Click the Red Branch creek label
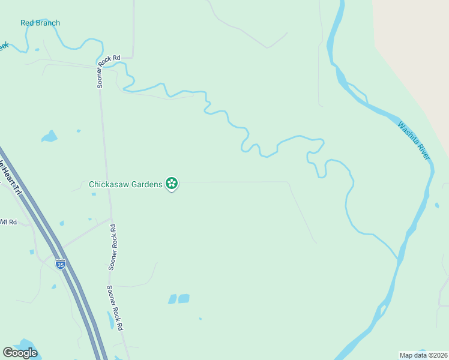tap(40, 23)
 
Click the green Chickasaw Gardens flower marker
tap(172, 184)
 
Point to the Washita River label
tap(414, 140)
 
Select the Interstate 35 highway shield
tap(60, 263)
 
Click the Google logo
tap(20, 353)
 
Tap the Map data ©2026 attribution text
tap(423, 355)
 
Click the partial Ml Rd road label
tap(8, 222)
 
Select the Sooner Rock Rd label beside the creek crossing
tap(101, 73)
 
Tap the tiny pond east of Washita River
tap(437, 205)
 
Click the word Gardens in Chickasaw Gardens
tap(147, 184)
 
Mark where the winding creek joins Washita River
tap(397, 259)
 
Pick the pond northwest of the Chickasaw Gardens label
tap(49, 137)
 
